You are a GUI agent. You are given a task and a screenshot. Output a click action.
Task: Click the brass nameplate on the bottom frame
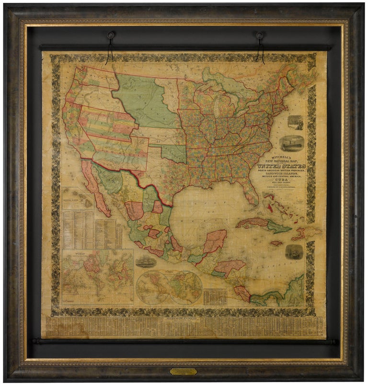coord(184,371)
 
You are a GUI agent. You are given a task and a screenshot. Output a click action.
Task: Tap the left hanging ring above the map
coord(111,36)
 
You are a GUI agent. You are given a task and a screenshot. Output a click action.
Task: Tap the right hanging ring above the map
coord(260,36)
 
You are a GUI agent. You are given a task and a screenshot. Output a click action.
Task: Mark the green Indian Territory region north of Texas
coord(172,153)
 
